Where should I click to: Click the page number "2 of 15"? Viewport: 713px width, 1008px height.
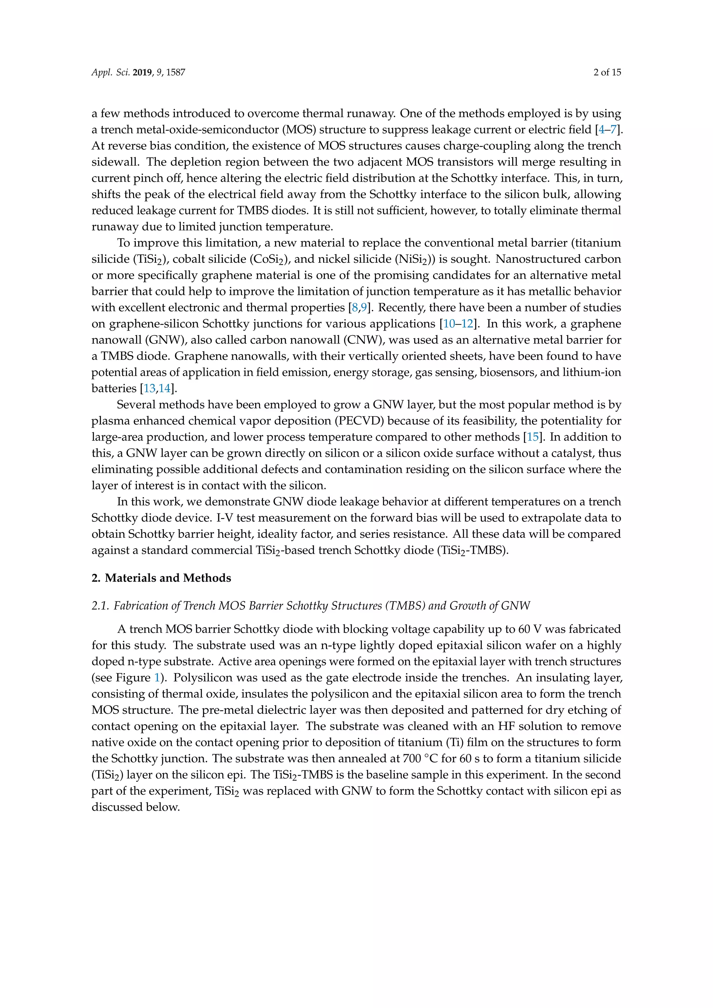tap(607, 72)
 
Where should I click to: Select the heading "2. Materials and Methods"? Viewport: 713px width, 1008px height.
tap(161, 578)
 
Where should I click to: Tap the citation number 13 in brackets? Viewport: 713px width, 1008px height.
tap(149, 388)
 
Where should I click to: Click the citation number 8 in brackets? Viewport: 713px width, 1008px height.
tap(355, 307)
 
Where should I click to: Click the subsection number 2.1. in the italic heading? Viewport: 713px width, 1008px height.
tap(100, 606)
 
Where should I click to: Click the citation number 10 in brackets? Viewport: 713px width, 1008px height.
tap(449, 324)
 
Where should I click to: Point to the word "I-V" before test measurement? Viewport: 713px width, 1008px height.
tap(224, 518)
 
